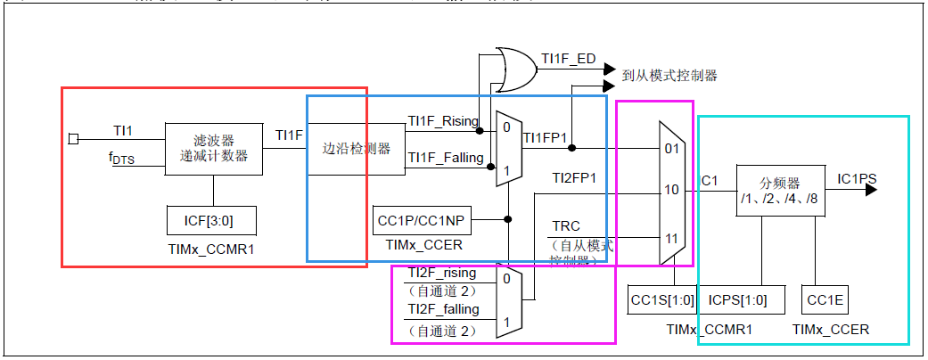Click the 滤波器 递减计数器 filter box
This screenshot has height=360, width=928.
[214, 149]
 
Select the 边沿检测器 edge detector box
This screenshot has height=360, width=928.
[357, 149]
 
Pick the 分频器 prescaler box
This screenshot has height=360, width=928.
[776, 189]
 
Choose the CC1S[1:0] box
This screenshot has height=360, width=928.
[661, 299]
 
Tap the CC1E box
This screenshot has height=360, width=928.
[825, 299]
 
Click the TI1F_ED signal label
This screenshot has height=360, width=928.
[568, 59]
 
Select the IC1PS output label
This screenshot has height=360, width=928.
[857, 179]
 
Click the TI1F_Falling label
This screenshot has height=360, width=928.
[445, 158]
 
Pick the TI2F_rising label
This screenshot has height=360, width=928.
[441, 273]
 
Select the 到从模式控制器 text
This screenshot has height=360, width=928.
[669, 76]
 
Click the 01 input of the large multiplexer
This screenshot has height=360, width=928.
[671, 148]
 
